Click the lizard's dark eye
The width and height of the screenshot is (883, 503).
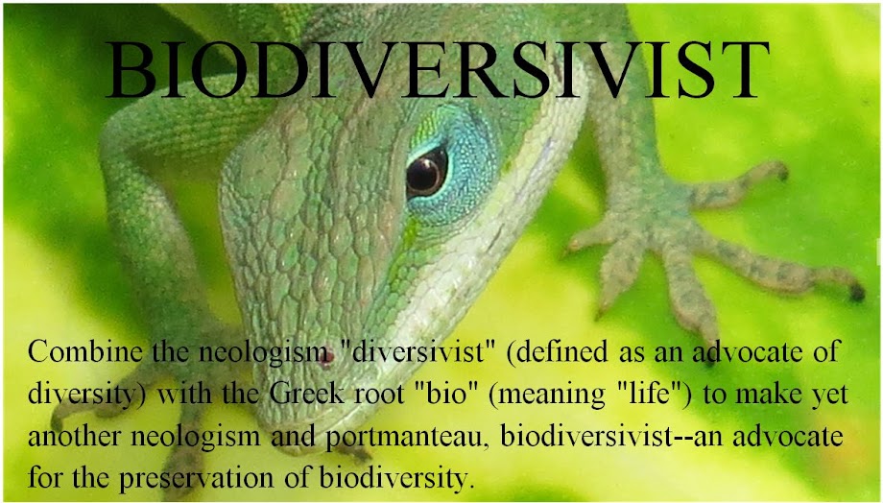click(x=426, y=172)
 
